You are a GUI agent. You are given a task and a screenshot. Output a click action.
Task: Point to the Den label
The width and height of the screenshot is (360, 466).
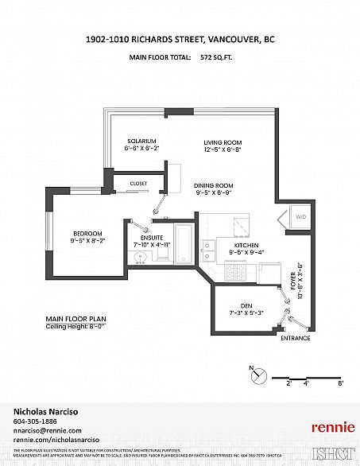point(246,306)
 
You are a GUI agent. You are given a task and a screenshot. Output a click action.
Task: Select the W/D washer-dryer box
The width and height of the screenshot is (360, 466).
point(300,216)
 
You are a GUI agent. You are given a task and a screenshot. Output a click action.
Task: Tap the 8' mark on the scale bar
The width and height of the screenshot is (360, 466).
point(340,383)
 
